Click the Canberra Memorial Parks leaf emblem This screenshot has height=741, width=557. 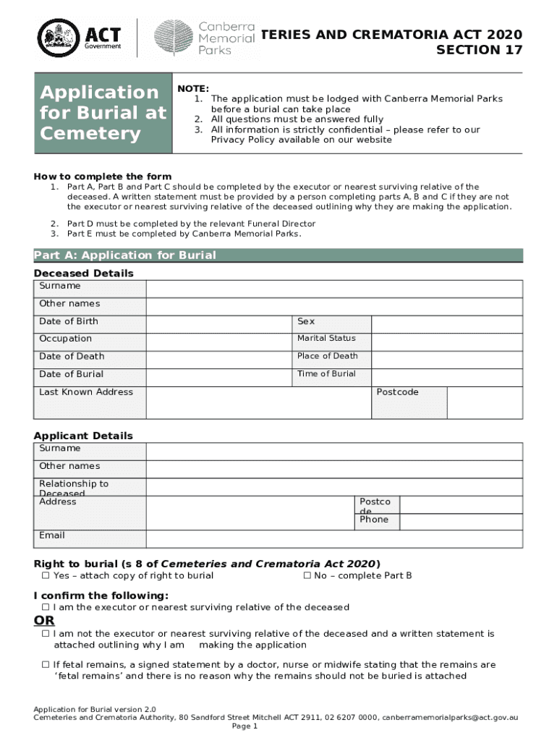coord(174,36)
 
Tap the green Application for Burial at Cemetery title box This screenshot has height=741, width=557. coord(103,113)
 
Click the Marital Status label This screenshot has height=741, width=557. coord(326,339)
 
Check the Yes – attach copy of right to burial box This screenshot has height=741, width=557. coord(46,576)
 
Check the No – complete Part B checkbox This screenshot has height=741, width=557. coord(307,576)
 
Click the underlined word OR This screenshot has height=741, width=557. coord(44,621)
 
